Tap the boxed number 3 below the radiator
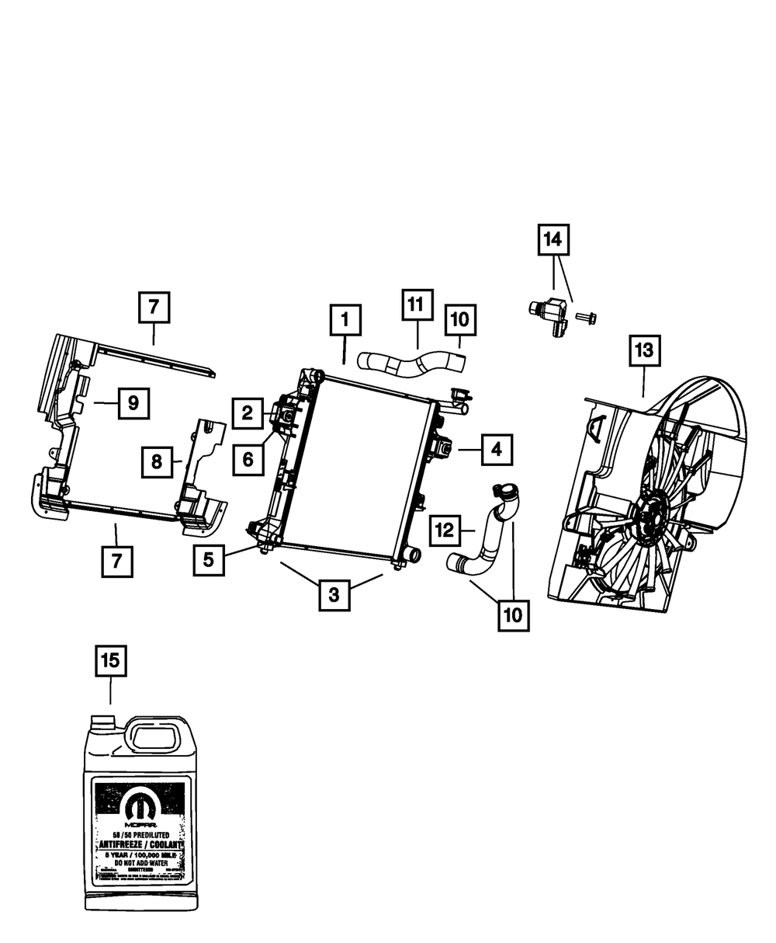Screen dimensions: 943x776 333,595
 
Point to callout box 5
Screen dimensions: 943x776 210,558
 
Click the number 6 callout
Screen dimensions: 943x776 248,459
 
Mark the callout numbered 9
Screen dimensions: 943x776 133,402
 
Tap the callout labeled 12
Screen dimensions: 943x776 445,531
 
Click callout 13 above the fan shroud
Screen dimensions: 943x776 645,352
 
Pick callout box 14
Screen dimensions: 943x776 553,241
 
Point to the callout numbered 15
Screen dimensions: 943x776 110,661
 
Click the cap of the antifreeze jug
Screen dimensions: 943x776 101,723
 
